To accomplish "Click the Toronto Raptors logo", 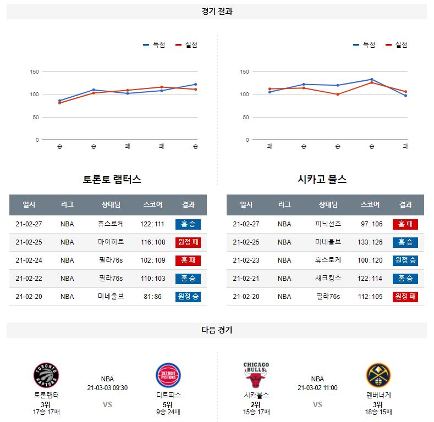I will pyautogui.click(x=46, y=376).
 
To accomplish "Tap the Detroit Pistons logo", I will pyautogui.click(x=168, y=376).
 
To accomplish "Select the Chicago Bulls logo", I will pyautogui.click(x=256, y=375).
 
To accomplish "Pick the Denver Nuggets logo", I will pyautogui.click(x=378, y=376).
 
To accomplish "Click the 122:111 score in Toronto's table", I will pyautogui.click(x=152, y=224).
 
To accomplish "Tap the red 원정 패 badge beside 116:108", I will pyautogui.click(x=188, y=242).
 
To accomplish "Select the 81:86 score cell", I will pyautogui.click(x=152, y=297).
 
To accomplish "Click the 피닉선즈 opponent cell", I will pyautogui.click(x=328, y=224).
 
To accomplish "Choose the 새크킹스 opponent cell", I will pyautogui.click(x=328, y=279).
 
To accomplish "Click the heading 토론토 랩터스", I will pyautogui.click(x=112, y=180).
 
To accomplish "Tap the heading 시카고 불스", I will pyautogui.click(x=322, y=180).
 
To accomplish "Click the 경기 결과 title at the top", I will pyautogui.click(x=217, y=12).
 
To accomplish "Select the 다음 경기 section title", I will pyautogui.click(x=217, y=330).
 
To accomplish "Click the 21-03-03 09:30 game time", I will pyautogui.click(x=107, y=388).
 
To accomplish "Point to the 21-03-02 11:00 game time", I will pyautogui.click(x=317, y=388).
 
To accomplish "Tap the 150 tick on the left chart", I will pyautogui.click(x=34, y=72).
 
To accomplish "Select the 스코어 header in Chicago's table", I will pyautogui.click(x=370, y=205).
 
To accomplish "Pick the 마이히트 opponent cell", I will pyautogui.click(x=111, y=242).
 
